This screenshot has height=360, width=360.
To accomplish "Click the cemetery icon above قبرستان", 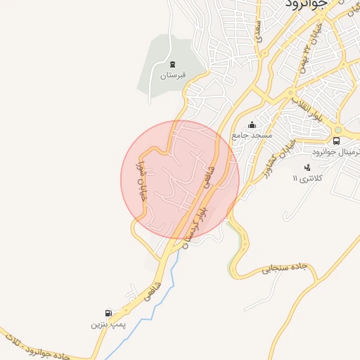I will click(x=173, y=65).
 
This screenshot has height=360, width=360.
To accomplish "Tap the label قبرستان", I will click(x=172, y=75).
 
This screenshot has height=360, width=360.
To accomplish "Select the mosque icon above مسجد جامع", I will click(x=252, y=125).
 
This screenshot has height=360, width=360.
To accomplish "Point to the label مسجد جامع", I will click(x=252, y=135).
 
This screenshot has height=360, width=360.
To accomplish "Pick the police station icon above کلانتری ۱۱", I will click(x=307, y=167).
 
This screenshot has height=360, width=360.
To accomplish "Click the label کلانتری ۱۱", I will click(x=307, y=179).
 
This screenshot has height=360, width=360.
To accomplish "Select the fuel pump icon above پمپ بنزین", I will click(x=108, y=314).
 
